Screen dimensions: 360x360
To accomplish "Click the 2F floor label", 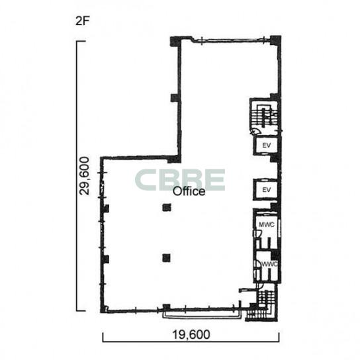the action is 82,21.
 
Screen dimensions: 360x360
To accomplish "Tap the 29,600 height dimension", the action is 83,176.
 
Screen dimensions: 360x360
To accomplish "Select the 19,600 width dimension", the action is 191,334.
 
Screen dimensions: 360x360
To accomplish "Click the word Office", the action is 189,191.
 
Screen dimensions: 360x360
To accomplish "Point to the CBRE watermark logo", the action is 180,180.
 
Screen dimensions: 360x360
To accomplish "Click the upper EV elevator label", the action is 266,146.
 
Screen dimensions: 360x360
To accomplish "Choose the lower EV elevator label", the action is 266,190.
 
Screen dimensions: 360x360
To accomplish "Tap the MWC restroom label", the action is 267,224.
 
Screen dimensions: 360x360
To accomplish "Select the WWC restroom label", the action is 270,264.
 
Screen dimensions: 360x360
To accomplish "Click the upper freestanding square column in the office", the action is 167,207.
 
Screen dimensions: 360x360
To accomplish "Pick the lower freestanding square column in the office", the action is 167,258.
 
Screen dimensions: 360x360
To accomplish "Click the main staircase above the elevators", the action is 265,116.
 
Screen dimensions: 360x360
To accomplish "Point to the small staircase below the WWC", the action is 265,298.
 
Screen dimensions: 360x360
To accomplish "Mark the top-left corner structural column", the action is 175,42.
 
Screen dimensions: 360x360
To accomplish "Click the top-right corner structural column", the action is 275,40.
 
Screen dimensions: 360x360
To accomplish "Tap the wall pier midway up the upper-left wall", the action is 175,98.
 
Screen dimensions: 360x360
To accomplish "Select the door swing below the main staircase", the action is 254,132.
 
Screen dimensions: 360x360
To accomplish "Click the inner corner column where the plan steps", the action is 174,159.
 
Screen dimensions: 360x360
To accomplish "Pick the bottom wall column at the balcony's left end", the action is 167,307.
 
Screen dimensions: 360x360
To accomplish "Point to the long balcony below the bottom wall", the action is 202,314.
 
